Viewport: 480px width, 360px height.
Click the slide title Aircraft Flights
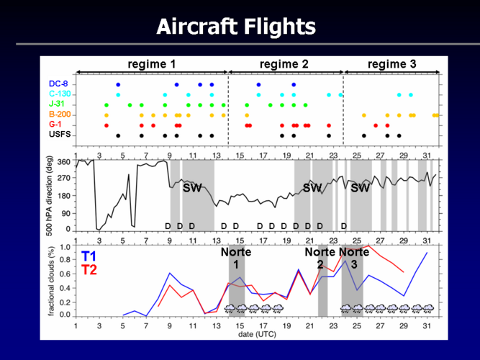pos(236,27)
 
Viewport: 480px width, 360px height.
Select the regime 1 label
pos(152,64)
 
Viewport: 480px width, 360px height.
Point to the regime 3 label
pos(391,64)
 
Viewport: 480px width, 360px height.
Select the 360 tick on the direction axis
pos(64,161)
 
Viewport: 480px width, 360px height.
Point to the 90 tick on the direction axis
pos(66,213)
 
